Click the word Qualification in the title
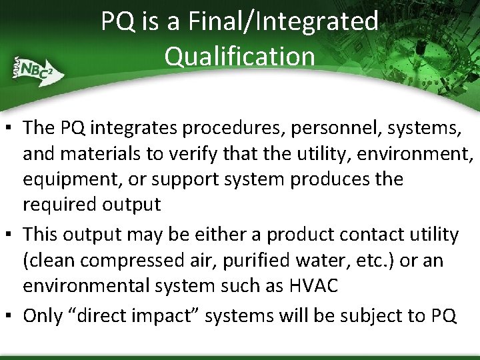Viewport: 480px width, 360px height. [x=240, y=56]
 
